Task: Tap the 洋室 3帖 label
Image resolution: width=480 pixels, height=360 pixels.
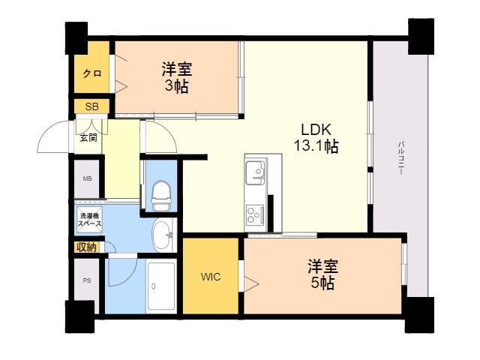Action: click(x=177, y=77)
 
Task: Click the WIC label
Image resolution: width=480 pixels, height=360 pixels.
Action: click(x=211, y=275)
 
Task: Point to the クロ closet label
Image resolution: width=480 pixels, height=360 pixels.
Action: click(x=92, y=73)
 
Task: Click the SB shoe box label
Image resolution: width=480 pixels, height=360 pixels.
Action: click(x=91, y=106)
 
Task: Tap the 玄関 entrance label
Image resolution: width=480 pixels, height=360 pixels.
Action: click(x=88, y=137)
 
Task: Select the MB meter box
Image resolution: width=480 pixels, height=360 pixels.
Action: click(x=88, y=178)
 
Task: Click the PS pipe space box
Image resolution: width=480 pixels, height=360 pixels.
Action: click(x=88, y=282)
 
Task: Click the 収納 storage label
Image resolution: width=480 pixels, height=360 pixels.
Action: click(x=85, y=247)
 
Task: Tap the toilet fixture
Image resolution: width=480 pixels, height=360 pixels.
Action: click(x=160, y=196)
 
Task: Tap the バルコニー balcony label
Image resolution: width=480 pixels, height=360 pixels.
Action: click(x=402, y=157)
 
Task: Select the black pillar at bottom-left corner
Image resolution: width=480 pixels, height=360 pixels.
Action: click(x=79, y=317)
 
